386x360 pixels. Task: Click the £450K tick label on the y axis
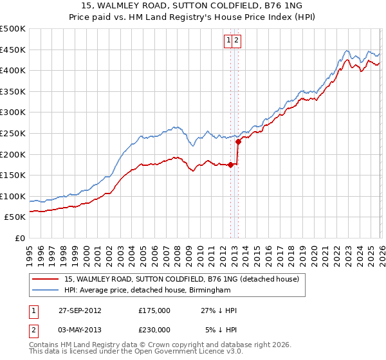pos(13,50)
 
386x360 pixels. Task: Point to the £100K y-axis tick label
pos(13,196)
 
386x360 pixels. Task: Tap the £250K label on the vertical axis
pos(13,133)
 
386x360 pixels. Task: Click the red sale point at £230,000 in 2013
pos(238,141)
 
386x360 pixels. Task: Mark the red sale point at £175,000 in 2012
pos(231,165)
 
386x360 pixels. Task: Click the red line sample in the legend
pos(46,280)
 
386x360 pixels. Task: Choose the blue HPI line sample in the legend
pos(46,291)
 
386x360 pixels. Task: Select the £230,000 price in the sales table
pos(154,329)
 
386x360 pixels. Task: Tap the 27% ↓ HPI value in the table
pos(219,310)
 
